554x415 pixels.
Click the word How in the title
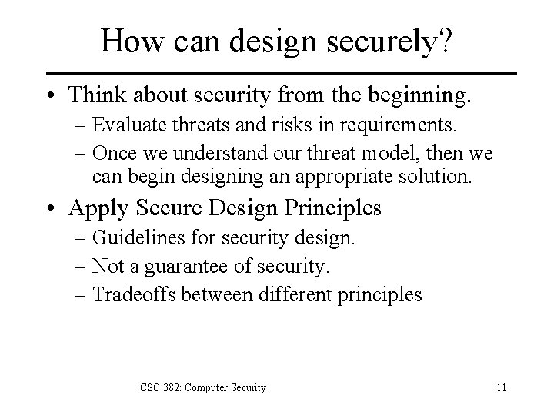click(x=128, y=41)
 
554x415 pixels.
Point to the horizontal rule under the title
click(x=277, y=75)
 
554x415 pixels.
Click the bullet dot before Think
click(x=52, y=95)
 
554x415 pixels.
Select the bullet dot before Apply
click(x=52, y=208)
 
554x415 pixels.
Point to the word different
click(x=282, y=294)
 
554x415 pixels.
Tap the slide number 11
click(x=501, y=387)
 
